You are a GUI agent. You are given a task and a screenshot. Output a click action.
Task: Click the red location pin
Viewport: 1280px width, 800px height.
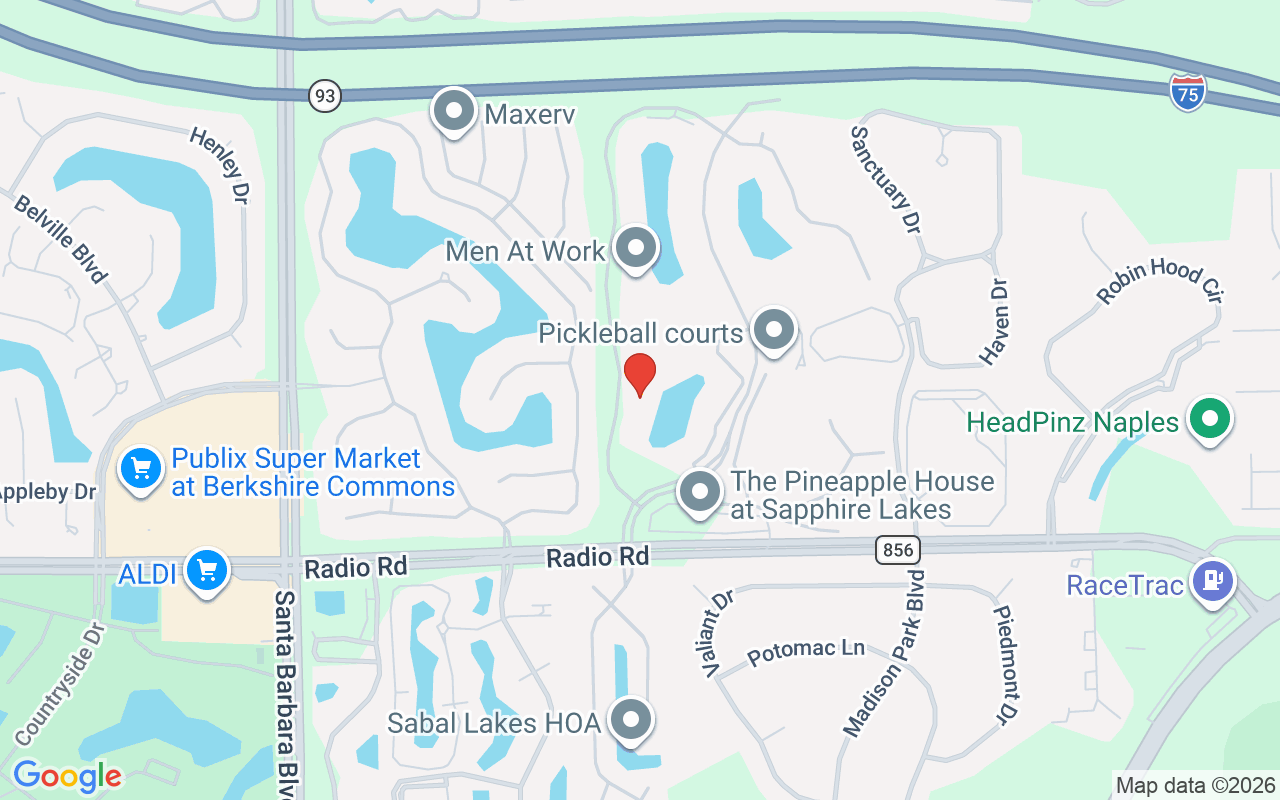[x=640, y=375]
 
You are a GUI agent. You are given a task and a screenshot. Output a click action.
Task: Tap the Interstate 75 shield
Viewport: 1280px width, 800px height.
[x=1188, y=91]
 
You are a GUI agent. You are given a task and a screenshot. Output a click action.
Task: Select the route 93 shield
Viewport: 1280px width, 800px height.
[x=325, y=96]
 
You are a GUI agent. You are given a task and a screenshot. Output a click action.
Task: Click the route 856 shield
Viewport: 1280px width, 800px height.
[x=896, y=549]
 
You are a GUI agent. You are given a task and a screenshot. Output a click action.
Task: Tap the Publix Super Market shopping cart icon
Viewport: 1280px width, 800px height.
[x=141, y=468]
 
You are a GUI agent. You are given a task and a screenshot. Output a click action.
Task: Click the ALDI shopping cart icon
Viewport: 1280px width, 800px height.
[x=207, y=571]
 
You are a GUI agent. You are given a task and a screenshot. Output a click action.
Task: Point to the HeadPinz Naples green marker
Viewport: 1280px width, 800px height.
[x=1209, y=420]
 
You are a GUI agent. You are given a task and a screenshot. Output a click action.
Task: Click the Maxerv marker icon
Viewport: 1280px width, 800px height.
[x=454, y=111]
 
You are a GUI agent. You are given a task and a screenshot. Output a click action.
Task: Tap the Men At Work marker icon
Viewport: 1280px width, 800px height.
[x=635, y=248]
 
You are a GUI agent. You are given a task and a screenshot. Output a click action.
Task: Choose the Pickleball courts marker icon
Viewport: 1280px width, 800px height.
[x=773, y=330]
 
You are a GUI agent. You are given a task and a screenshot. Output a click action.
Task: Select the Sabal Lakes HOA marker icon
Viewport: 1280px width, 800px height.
[x=631, y=720]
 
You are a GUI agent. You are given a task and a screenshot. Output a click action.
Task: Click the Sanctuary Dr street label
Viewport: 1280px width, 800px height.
[x=885, y=180]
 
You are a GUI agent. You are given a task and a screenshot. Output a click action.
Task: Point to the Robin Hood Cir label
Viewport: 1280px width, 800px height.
[x=1160, y=281]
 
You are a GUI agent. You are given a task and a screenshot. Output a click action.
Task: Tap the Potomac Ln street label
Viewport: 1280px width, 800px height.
[x=806, y=651]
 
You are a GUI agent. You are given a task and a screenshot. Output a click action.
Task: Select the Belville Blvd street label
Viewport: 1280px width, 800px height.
[x=60, y=239]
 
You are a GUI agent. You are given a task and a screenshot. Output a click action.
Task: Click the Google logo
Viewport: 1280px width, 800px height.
[x=67, y=776]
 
